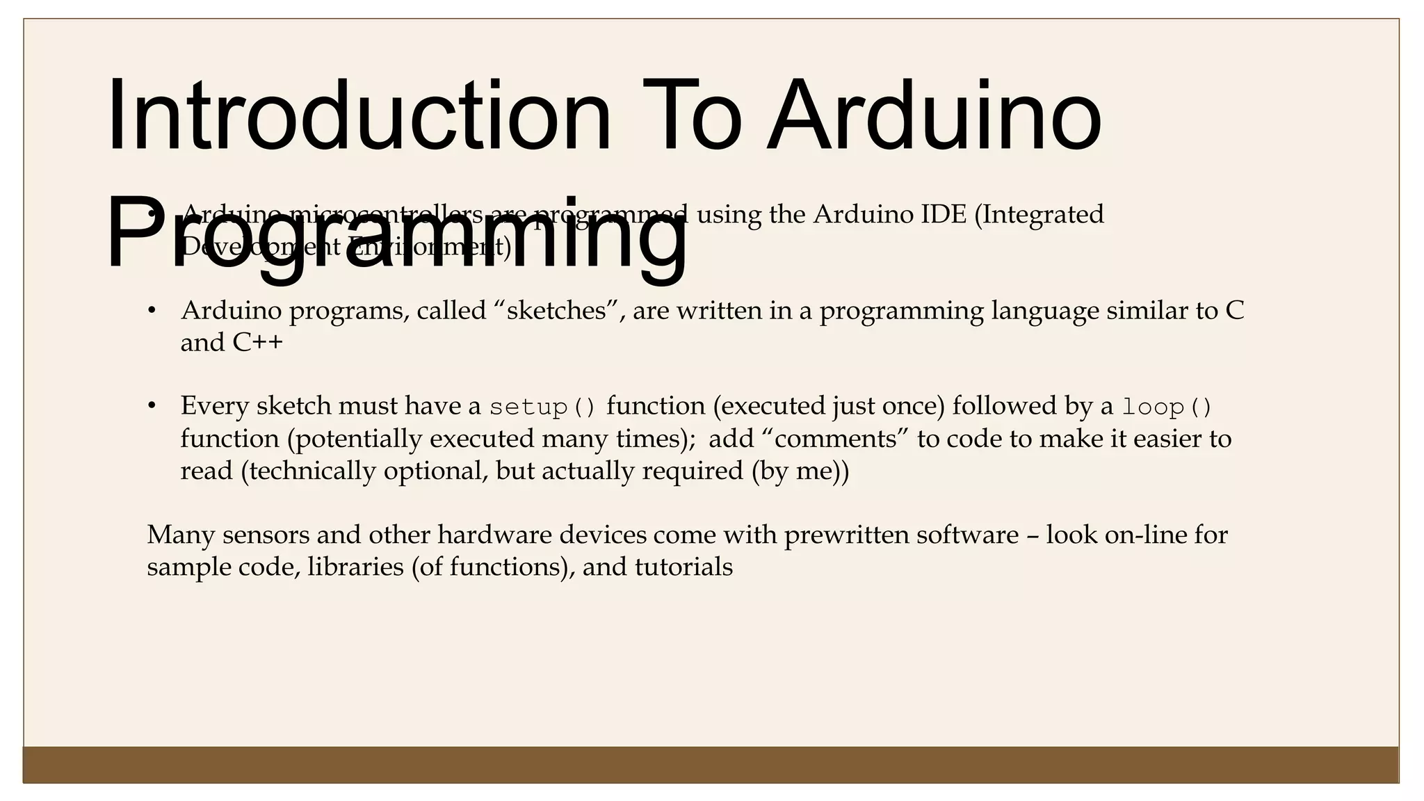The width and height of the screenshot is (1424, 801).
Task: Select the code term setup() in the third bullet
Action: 542,407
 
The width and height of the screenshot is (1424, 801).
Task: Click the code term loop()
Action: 1167,407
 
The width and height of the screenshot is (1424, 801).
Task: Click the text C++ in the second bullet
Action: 258,342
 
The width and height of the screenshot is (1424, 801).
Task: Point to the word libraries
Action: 355,567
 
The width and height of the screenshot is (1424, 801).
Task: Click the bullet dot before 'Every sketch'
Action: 152,405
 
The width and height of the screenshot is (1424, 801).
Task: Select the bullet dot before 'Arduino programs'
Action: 152,310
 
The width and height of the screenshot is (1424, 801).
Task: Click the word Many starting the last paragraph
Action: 181,535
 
